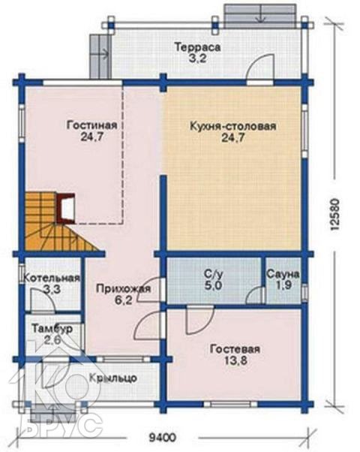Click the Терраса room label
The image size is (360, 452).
point(197,47)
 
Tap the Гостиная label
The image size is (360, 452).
point(91,125)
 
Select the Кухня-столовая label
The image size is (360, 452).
point(233,126)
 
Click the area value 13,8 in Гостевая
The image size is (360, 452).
point(235,360)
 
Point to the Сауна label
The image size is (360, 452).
point(283,274)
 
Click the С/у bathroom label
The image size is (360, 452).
point(213,274)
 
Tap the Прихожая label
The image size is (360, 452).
point(123,289)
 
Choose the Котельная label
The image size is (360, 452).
point(51,278)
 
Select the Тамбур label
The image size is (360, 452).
point(52,329)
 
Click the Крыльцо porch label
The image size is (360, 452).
point(113,378)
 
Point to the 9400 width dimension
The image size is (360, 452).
point(162,438)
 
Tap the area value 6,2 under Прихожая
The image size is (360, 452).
point(123,300)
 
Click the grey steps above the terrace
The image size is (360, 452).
point(260,17)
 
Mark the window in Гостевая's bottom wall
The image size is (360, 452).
point(230,404)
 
